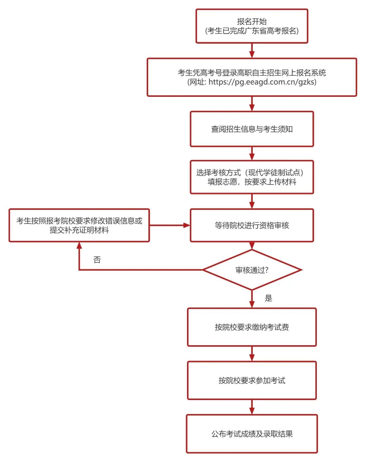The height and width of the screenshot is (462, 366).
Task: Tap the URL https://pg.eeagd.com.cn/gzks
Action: (262, 82)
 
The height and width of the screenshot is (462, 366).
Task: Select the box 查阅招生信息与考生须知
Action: (252, 129)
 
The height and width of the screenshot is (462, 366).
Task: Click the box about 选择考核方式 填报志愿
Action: (252, 177)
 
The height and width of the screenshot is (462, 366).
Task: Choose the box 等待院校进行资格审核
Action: (252, 225)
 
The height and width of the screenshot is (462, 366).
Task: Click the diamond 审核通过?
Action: (252, 270)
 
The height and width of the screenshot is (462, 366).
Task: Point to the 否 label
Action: (97, 260)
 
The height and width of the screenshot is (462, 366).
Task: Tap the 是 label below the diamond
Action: (268, 298)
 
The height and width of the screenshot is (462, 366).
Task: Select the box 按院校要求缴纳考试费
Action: (252, 327)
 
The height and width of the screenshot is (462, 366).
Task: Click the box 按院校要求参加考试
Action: (252, 380)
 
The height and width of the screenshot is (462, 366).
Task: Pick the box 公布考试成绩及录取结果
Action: (252, 434)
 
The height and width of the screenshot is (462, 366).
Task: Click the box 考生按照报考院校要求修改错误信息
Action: (79, 225)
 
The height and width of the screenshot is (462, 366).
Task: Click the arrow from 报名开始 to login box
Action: (252, 51)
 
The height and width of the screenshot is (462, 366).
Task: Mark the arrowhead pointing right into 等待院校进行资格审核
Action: (186, 225)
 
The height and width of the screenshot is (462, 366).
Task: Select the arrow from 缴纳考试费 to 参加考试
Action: (252, 354)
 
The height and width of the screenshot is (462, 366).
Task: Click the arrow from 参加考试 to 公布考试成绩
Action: (252, 407)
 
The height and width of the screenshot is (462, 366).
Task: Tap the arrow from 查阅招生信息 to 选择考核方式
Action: (252, 154)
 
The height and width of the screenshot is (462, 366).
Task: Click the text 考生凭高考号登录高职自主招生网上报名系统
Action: (252, 72)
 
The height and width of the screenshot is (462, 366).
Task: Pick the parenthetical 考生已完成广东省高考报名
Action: (252, 31)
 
